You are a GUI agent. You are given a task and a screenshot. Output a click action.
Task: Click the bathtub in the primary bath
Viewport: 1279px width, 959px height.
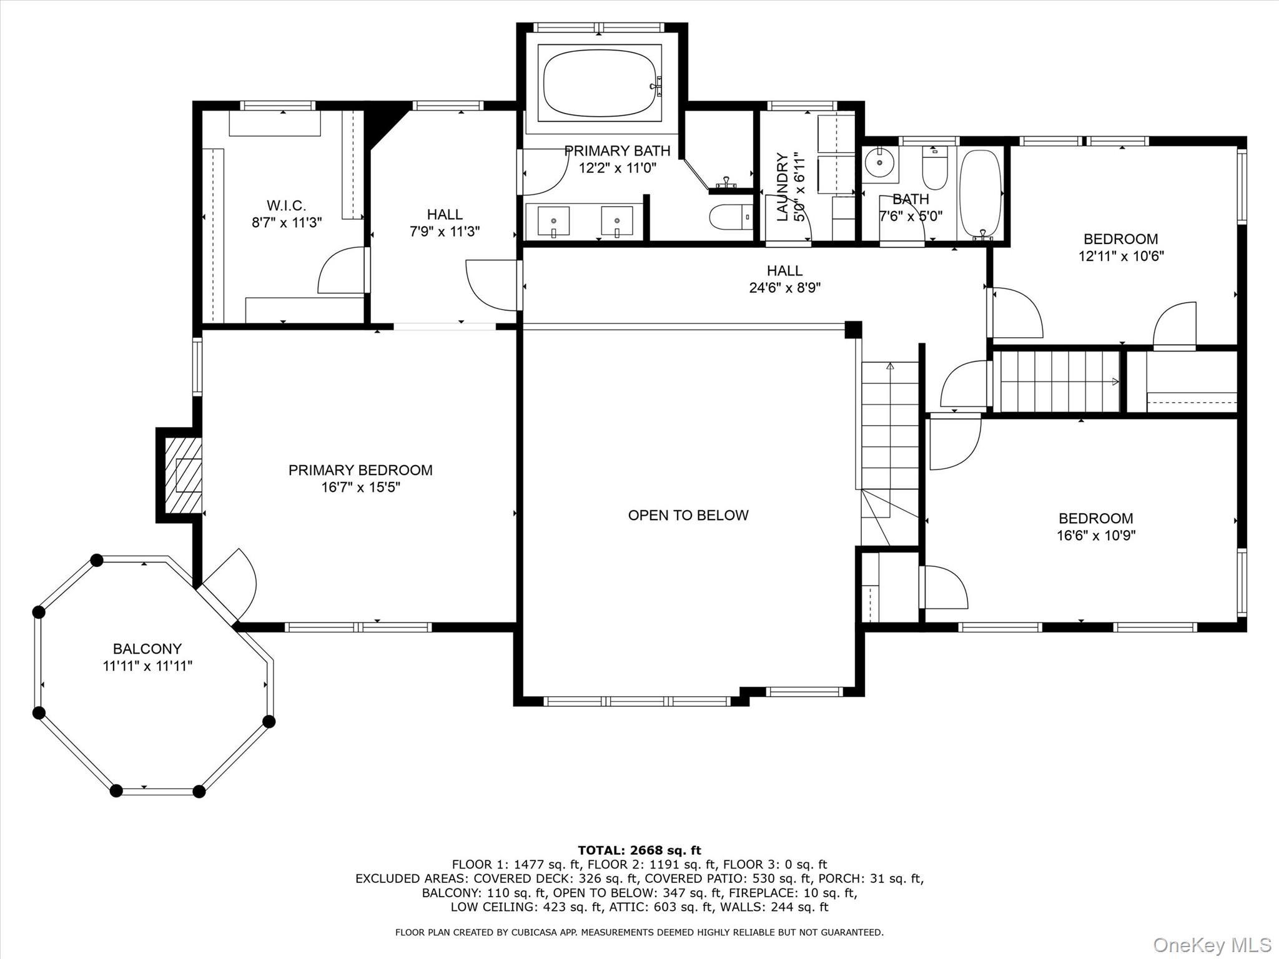coord(600,83)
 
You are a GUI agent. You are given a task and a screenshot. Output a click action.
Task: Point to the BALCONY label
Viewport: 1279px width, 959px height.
coord(147,649)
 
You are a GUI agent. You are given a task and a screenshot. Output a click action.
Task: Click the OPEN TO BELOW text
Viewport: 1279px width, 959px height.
coord(688,515)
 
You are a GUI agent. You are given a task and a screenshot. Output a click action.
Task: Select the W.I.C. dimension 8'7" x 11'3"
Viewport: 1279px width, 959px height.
coord(287,222)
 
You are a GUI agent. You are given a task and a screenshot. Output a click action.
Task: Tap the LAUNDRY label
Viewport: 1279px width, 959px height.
coord(782,187)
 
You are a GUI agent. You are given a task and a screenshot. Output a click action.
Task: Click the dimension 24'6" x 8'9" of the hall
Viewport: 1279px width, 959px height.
coord(784,288)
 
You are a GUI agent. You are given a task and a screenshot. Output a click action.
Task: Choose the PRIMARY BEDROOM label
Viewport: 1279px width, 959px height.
coord(360,470)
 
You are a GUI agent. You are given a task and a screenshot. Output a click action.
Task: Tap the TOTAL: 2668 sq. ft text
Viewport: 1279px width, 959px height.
coord(639,850)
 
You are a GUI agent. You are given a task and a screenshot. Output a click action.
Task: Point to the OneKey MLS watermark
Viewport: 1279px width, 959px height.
coord(1212,945)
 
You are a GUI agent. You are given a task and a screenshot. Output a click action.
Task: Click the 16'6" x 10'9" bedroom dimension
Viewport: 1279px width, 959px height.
coord(1095,535)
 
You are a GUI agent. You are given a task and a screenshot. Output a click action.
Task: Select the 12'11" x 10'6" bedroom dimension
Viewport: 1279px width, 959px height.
coord(1121,256)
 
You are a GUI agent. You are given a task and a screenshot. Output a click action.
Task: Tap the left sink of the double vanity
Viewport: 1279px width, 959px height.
coord(553,221)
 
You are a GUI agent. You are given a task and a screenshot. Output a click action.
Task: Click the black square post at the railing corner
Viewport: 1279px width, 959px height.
coord(853,330)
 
